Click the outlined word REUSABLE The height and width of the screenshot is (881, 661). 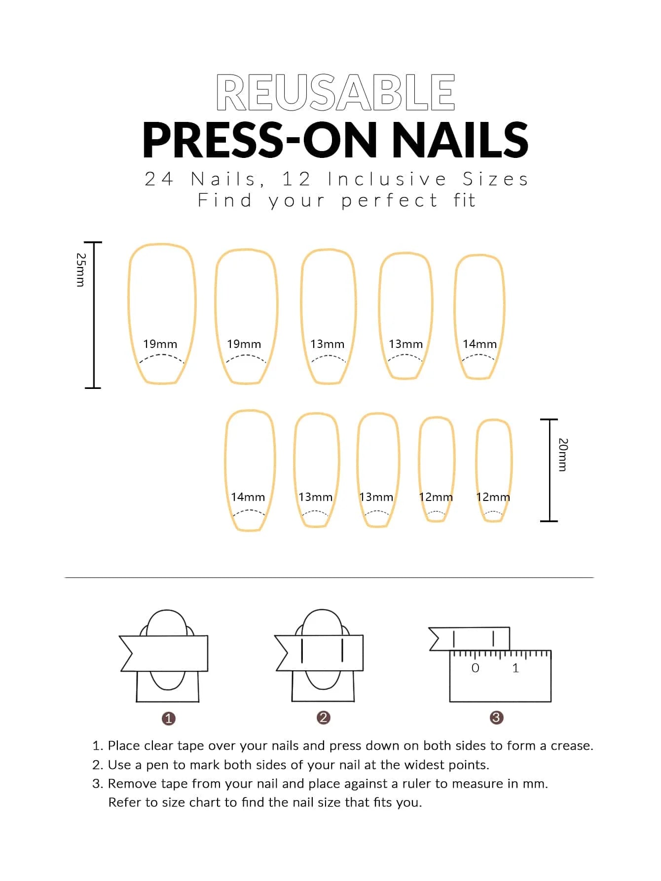click(335, 92)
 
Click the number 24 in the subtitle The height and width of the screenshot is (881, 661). click(159, 179)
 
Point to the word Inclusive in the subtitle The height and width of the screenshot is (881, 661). click(387, 179)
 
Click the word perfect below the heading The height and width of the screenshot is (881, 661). click(389, 201)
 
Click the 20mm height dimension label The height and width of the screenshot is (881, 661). click(563, 455)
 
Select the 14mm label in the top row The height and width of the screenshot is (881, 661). click(479, 344)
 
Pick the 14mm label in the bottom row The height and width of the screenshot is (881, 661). click(248, 497)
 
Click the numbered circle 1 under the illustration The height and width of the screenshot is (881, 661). click(169, 718)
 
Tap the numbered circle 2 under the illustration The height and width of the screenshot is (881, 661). click(324, 718)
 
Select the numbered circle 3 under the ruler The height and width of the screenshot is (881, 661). click(496, 718)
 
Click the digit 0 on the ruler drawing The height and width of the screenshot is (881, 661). click(475, 668)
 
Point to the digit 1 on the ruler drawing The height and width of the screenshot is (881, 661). click(515, 668)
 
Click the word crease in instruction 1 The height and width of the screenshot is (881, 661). click(571, 746)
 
